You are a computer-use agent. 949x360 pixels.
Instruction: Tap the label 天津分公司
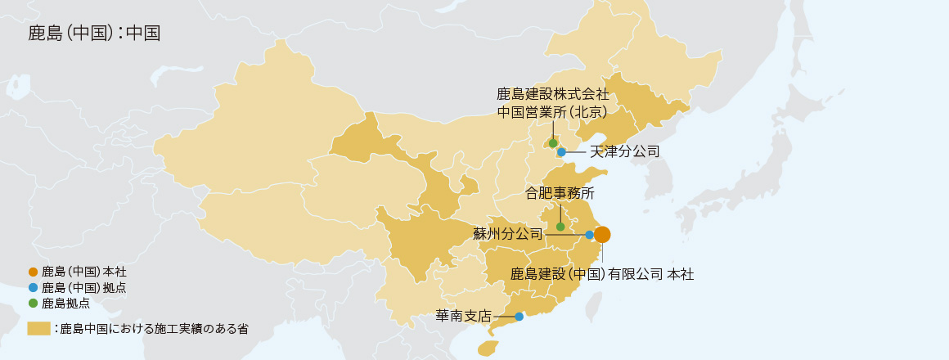pyautogui.click(x=624, y=151)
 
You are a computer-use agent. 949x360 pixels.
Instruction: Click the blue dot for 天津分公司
pyautogui.click(x=561, y=151)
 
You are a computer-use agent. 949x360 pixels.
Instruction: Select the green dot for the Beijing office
pyautogui.click(x=553, y=143)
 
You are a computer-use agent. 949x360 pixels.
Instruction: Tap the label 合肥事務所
pyautogui.click(x=560, y=194)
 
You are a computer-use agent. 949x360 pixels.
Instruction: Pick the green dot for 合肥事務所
pyautogui.click(x=560, y=227)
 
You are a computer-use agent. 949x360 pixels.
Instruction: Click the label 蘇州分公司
pyautogui.click(x=508, y=234)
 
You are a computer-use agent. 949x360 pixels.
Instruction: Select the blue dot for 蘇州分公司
pyautogui.click(x=590, y=235)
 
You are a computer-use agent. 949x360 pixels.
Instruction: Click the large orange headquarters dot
pyautogui.click(x=602, y=235)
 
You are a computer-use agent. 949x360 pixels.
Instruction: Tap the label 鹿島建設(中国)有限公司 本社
pyautogui.click(x=602, y=274)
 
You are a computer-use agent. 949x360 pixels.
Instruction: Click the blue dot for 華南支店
pyautogui.click(x=519, y=316)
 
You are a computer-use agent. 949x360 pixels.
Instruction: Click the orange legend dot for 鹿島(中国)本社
pyautogui.click(x=33, y=272)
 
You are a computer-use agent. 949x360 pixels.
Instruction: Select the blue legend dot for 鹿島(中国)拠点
pyautogui.click(x=33, y=287)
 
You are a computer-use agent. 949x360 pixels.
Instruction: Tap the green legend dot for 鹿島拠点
pyautogui.click(x=33, y=303)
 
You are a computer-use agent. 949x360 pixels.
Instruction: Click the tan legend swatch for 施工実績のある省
pyautogui.click(x=38, y=329)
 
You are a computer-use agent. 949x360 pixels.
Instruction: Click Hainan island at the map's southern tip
pyautogui.click(x=487, y=349)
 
